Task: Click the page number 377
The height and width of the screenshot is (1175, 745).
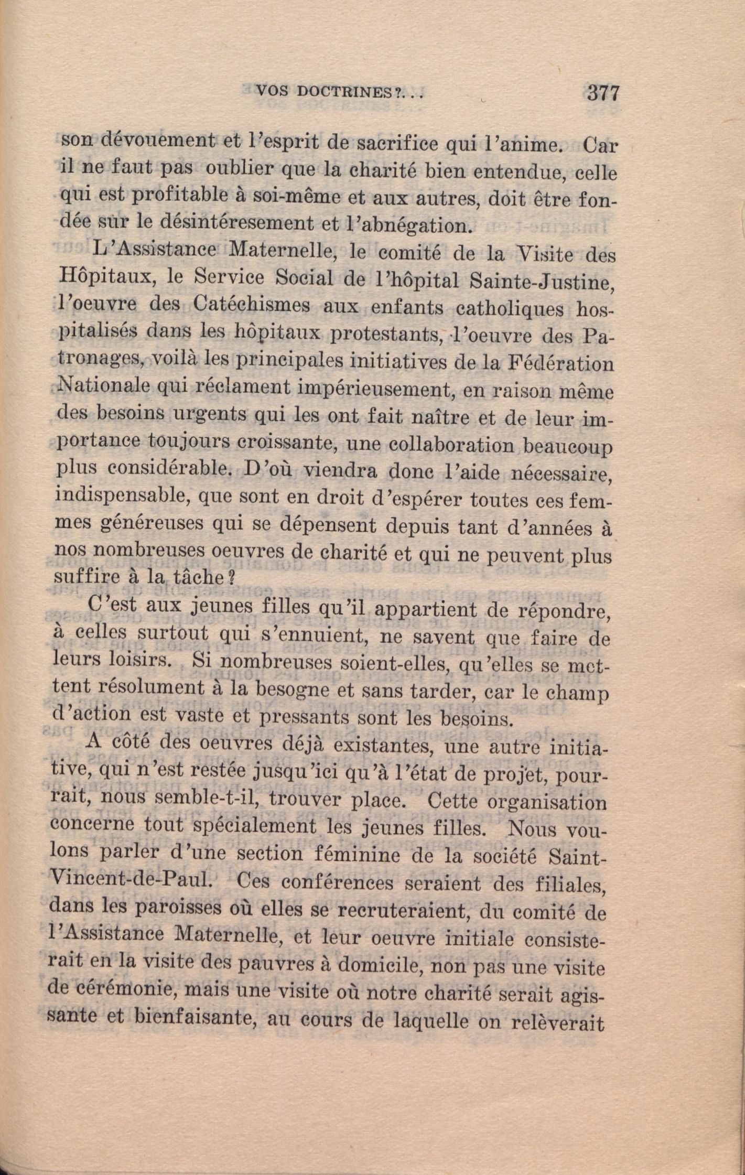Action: (603, 93)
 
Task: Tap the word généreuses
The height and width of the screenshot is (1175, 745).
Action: (154, 524)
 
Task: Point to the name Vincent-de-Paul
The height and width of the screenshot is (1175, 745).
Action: (131, 879)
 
